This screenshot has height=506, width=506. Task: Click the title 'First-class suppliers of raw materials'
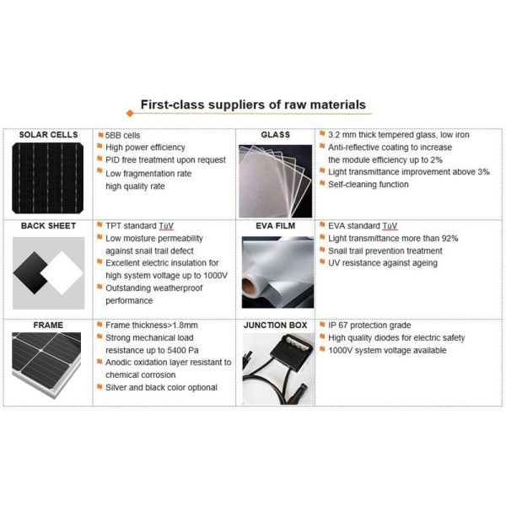tap(252, 105)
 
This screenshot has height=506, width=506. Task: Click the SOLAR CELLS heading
tap(48, 135)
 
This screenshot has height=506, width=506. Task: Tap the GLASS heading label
tap(276, 135)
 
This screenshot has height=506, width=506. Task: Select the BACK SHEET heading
tap(48, 226)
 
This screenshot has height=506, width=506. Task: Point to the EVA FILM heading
tap(276, 226)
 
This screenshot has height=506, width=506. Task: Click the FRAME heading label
tap(48, 324)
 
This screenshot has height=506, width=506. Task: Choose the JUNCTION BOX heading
tap(276, 324)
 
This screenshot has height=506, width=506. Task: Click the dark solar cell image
tap(48, 177)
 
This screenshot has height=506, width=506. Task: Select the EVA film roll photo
tap(276, 272)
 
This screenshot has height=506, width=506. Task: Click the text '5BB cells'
tap(124, 135)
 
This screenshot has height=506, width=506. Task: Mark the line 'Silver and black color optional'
tap(160, 387)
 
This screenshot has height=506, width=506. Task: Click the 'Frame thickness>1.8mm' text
tap(153, 325)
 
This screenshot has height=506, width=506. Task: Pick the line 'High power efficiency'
tap(144, 147)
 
